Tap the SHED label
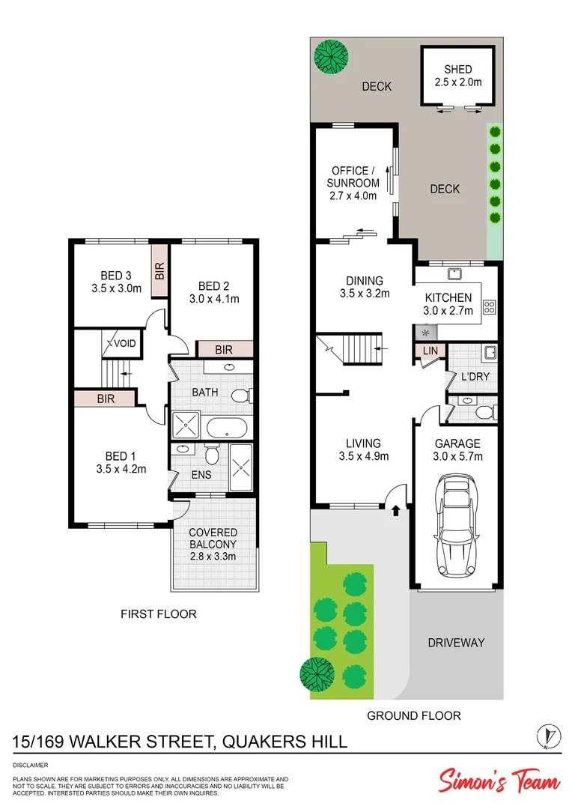point(457,69)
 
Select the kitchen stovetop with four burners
point(489,306)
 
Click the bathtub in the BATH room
point(226,428)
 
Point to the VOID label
point(126,344)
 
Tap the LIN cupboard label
point(430,351)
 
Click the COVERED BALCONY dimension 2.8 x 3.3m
point(213,557)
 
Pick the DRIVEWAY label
point(456,643)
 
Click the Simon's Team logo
point(499,781)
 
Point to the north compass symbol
point(549,736)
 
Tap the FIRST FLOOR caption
point(159,614)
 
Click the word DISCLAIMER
point(31,765)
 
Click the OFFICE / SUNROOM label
point(353,177)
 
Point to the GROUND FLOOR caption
point(413,715)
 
